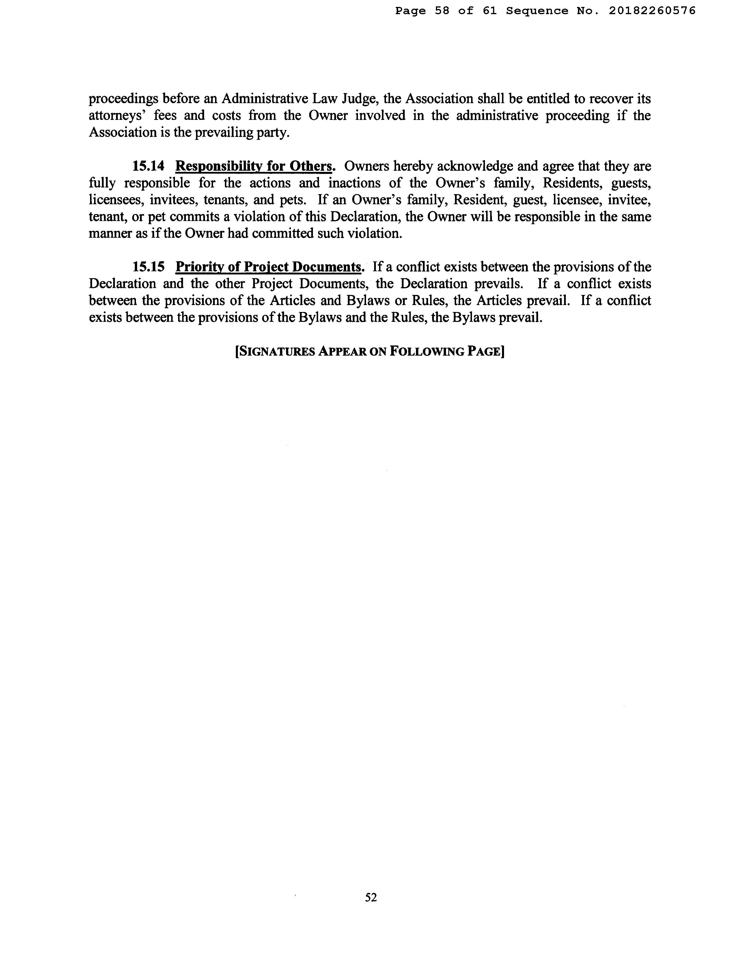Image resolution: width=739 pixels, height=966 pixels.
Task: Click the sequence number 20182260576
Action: coord(652,11)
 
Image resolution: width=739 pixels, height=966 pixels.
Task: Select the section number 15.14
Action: coord(149,166)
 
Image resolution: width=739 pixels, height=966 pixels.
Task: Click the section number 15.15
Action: coord(149,267)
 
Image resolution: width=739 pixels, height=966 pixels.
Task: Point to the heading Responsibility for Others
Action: coord(254,166)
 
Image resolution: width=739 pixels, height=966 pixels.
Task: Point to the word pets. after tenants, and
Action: coord(293,200)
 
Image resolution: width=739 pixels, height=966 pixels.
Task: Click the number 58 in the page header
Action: coord(442,11)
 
